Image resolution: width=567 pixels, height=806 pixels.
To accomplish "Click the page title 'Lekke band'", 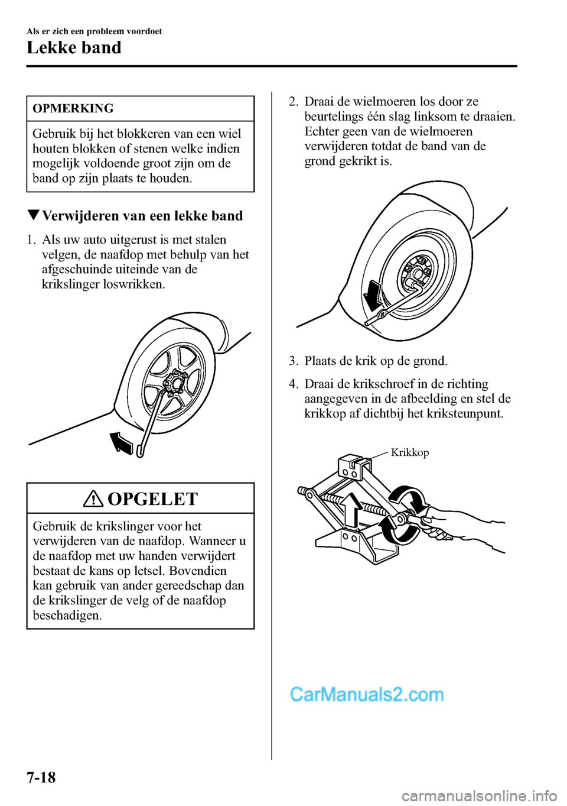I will click(74, 48).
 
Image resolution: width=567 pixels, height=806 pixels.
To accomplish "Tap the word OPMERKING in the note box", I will click(73, 109).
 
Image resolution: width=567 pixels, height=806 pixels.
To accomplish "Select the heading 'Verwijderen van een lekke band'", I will click(142, 216).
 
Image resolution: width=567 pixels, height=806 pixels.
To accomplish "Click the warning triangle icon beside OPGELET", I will click(94, 499).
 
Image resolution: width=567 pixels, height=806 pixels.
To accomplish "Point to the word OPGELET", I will click(152, 499).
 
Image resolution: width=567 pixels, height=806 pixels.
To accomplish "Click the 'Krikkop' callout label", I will click(410, 452).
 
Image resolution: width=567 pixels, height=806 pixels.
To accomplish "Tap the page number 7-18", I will click(41, 777).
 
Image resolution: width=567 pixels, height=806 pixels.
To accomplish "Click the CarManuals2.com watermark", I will click(366, 694).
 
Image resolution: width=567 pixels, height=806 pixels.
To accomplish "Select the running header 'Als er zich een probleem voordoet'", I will click(94, 31).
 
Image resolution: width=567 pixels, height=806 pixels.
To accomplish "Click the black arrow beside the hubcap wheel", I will click(122, 442).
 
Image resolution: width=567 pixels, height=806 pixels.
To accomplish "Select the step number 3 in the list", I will click(292, 361).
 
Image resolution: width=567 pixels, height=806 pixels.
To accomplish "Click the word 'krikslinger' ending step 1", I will click(71, 284).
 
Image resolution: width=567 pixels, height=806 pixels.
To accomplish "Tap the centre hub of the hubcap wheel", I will click(175, 383).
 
